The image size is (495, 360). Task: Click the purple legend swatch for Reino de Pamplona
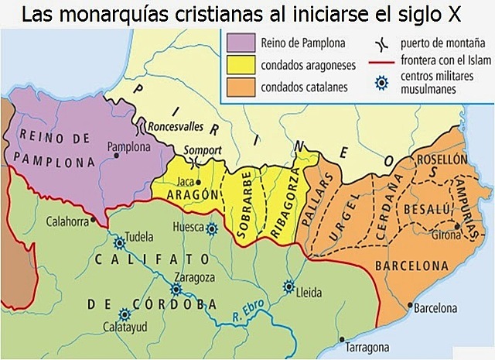click(x=241, y=44)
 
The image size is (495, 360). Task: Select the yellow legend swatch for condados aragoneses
click(x=241, y=65)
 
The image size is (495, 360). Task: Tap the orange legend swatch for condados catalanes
click(x=241, y=87)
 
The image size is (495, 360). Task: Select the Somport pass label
click(x=203, y=150)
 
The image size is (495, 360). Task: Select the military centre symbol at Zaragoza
click(x=176, y=289)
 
